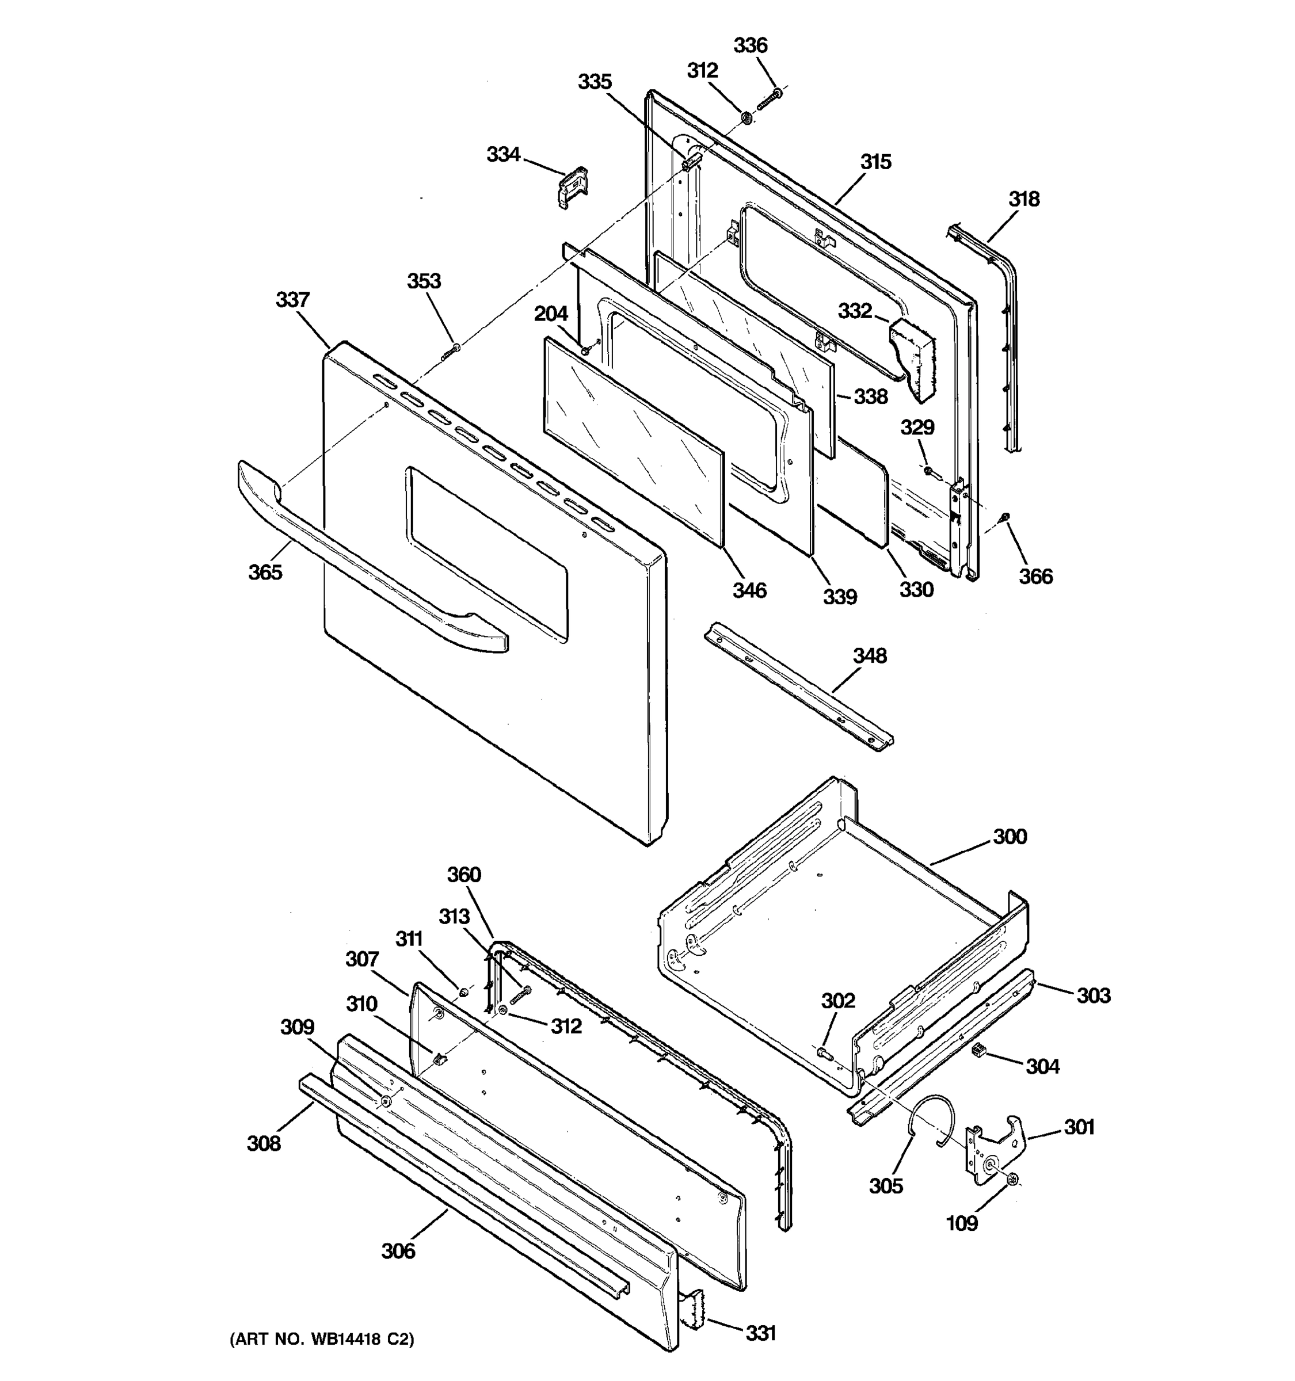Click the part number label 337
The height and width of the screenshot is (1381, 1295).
(x=292, y=300)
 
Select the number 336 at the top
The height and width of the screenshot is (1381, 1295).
(x=751, y=46)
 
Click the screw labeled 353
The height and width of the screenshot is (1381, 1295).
(x=451, y=351)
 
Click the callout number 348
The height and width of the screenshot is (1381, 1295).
(x=869, y=656)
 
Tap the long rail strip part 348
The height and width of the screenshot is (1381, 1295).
(x=799, y=688)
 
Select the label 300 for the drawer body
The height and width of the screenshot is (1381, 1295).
(x=1010, y=837)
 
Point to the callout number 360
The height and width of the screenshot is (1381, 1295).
(x=463, y=875)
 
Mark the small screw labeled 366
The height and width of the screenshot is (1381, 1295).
(x=1004, y=517)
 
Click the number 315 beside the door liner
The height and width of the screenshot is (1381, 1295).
(x=875, y=162)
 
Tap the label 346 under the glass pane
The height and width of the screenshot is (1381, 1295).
(x=749, y=590)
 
